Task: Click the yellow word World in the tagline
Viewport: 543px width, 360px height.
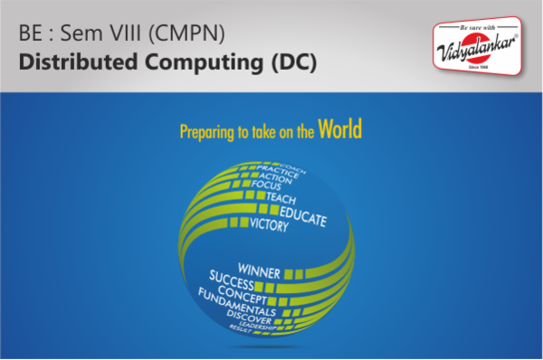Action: click(340, 129)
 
